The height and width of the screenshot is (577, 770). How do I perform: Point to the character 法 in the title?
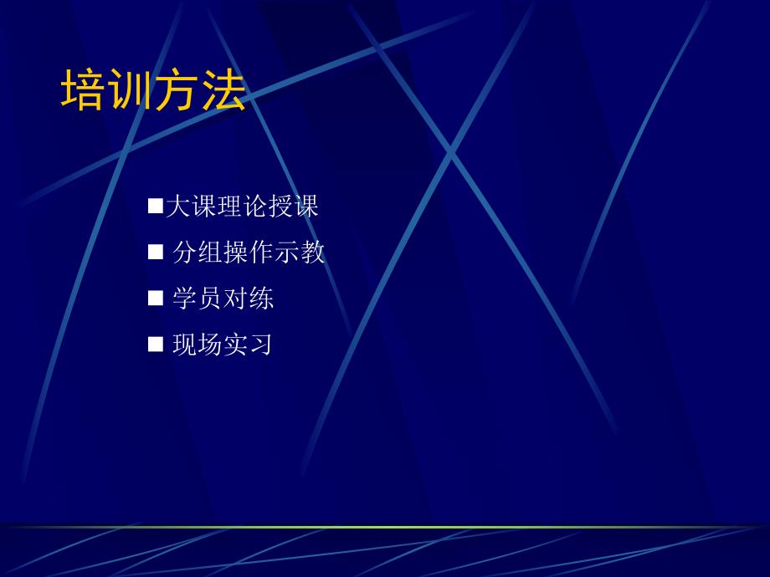click(223, 91)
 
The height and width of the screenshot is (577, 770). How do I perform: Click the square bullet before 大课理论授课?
click(155, 206)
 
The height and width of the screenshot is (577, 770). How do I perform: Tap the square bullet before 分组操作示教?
click(155, 252)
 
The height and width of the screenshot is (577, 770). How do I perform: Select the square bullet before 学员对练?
click(155, 298)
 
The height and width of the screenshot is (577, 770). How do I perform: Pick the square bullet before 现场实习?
click(155, 344)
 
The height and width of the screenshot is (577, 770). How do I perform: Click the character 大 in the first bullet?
click(177, 206)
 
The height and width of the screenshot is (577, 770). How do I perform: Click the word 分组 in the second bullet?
click(198, 252)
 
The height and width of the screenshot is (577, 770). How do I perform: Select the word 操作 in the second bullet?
click(249, 252)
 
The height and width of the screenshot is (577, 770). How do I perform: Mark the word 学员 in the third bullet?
click(198, 298)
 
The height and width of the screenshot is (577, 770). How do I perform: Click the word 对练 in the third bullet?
click(249, 298)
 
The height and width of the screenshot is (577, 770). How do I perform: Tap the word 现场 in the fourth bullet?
click(198, 344)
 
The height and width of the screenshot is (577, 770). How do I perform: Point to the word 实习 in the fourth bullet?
click(249, 344)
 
